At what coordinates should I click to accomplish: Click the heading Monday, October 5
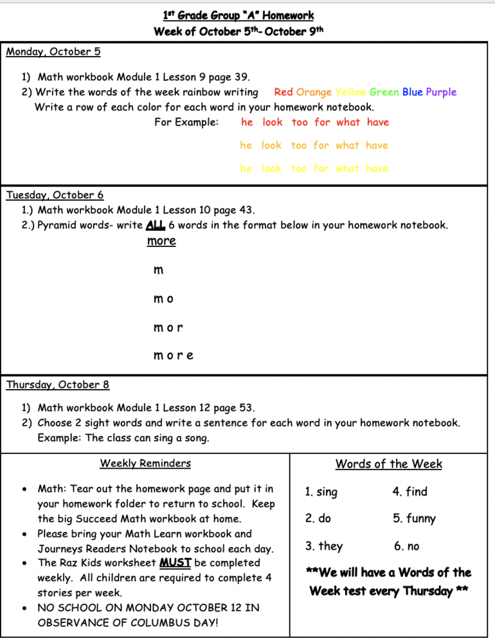coord(53,52)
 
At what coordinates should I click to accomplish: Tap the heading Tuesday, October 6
coord(55,195)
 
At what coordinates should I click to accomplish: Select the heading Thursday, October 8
coord(58,385)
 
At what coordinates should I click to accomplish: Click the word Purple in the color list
coord(441,92)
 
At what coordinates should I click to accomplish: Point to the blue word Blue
coord(413,92)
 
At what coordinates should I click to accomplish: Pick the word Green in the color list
coord(384,92)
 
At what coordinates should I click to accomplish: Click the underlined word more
coord(161,241)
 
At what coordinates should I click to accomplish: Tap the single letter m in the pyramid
coord(158,270)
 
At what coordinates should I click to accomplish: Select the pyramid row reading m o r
coord(168,327)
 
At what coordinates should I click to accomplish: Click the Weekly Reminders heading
coord(145,463)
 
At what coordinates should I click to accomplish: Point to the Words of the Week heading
coord(389,464)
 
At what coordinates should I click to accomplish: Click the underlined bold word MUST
coord(175,563)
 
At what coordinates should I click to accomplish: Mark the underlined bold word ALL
coord(156,225)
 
